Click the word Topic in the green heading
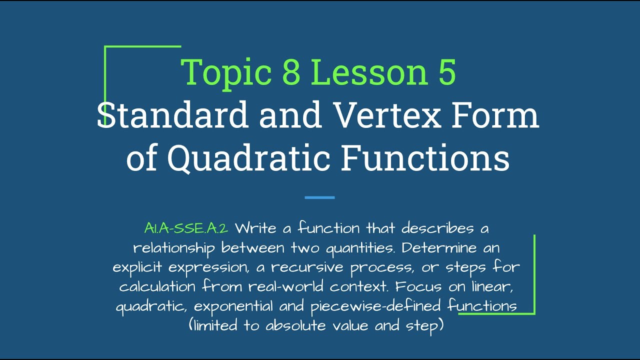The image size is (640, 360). (x=226, y=72)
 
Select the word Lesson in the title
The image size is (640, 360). (x=369, y=72)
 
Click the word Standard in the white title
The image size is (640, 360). (x=172, y=115)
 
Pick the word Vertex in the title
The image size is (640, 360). (x=388, y=115)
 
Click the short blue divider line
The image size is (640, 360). (x=319, y=197)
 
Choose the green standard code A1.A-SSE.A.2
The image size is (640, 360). (x=186, y=228)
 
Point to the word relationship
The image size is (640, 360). (x=174, y=248)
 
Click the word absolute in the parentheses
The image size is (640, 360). (x=297, y=326)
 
